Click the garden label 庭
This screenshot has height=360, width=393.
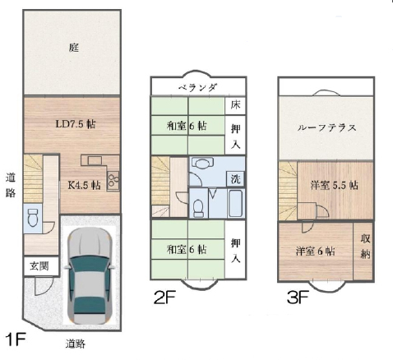click(74, 48)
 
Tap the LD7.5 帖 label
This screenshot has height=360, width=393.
click(76, 124)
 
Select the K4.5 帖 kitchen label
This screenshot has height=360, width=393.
click(84, 185)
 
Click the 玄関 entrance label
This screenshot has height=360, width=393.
click(39, 265)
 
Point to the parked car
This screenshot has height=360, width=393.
click(90, 276)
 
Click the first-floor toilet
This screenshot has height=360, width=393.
click(33, 218)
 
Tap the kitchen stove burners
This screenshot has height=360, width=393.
click(113, 181)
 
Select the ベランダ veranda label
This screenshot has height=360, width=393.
click(198, 87)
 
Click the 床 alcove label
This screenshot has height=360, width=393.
click(235, 105)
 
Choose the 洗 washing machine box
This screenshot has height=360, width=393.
click(235, 179)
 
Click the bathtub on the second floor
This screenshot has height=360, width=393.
click(236, 203)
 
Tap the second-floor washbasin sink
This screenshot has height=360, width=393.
click(202, 163)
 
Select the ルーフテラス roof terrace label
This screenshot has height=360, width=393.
click(326, 128)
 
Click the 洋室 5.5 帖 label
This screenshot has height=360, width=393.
click(334, 186)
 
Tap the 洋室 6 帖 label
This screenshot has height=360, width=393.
click(315, 251)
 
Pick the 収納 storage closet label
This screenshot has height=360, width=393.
click(365, 247)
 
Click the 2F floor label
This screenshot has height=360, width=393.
click(164, 298)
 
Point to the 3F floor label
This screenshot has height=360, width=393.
click(298, 298)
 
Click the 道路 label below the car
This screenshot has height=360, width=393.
click(76, 344)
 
